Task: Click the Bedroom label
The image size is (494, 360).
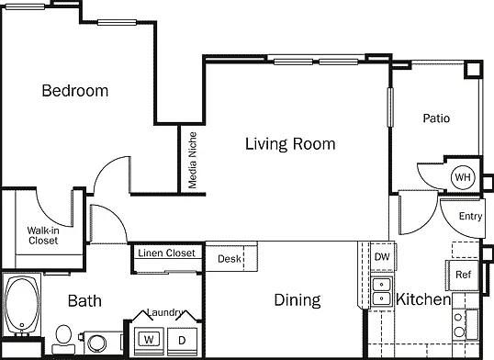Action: tap(75, 91)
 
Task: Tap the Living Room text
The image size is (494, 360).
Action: tap(290, 144)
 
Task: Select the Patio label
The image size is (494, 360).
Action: tap(436, 118)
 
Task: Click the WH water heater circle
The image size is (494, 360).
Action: tap(463, 177)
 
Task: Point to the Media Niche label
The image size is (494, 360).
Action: tap(193, 160)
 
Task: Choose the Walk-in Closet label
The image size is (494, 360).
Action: tap(43, 235)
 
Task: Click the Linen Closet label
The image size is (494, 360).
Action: tap(167, 253)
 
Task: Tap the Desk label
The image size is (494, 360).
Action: tap(229, 259)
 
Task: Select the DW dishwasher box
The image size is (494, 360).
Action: tap(382, 256)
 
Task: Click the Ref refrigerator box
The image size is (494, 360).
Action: tap(463, 275)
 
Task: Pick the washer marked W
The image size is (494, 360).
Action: tap(149, 340)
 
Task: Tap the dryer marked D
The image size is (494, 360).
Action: tap(182, 341)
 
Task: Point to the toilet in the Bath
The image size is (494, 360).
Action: tap(63, 340)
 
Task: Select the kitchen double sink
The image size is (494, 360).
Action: tap(382, 291)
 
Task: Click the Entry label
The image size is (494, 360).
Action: tap(470, 216)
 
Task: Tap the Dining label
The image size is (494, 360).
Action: tap(298, 299)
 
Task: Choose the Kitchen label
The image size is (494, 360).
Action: tap(423, 299)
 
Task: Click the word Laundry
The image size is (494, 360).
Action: tap(164, 312)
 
